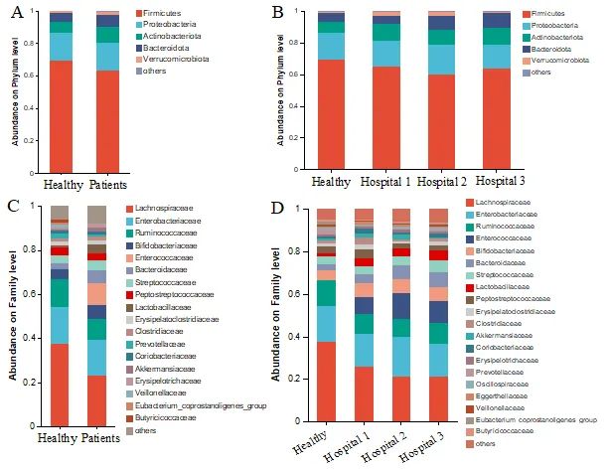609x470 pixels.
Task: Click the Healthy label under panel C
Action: (x=61, y=437)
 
